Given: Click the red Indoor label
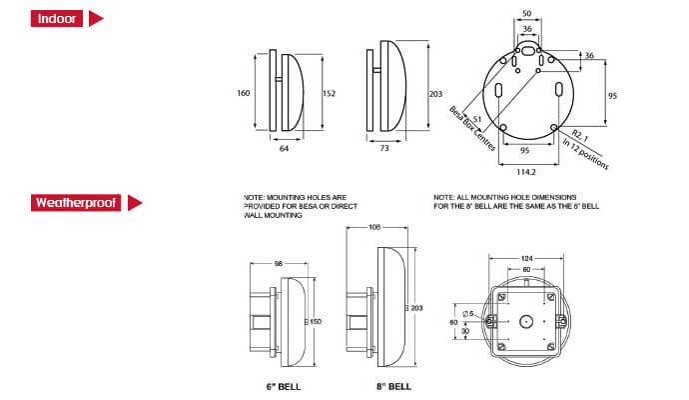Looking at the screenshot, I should pyautogui.click(x=55, y=19).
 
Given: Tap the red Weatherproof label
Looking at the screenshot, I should pyautogui.click(x=75, y=203).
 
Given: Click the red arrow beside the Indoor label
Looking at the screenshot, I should pyautogui.click(x=97, y=19).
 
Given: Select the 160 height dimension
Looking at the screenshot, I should pyautogui.click(x=244, y=93).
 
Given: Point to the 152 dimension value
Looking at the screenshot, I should pyautogui.click(x=330, y=93).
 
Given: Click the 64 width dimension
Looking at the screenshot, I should pyautogui.click(x=284, y=149).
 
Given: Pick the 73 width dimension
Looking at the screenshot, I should pyautogui.click(x=385, y=149).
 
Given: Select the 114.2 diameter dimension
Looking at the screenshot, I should pyautogui.click(x=525, y=169).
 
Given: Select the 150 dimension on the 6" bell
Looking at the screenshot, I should pyautogui.click(x=317, y=321).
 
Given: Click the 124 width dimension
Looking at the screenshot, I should pyautogui.click(x=526, y=259).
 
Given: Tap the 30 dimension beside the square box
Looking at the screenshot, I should pyautogui.click(x=465, y=332).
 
